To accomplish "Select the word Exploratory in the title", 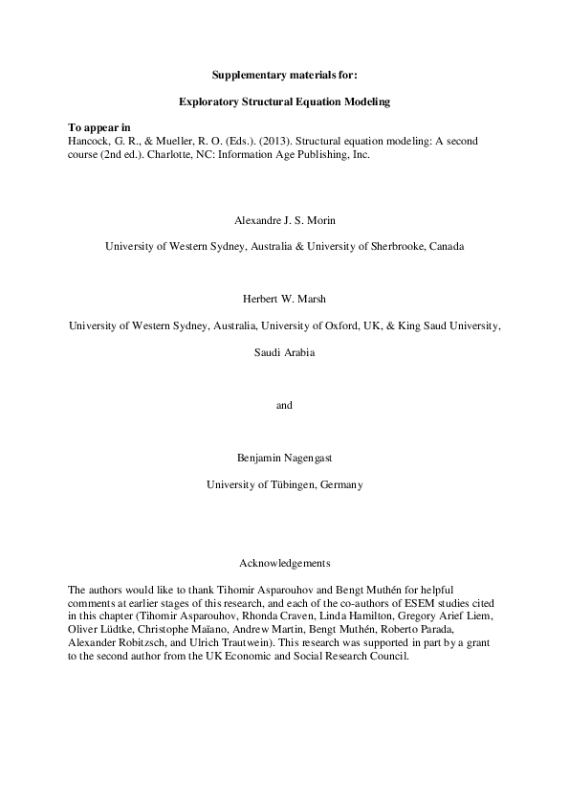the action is pyautogui.click(x=209, y=101).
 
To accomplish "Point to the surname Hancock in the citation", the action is pyautogui.click(x=91, y=140).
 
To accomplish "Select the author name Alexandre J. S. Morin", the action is pyautogui.click(x=284, y=220).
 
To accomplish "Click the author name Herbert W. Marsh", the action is pyautogui.click(x=284, y=299).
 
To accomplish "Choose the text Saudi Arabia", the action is pyautogui.click(x=284, y=352).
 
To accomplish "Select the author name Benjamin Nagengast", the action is pyautogui.click(x=284, y=458).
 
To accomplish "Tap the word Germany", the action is pyautogui.click(x=341, y=484).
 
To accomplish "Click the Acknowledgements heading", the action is pyautogui.click(x=284, y=563).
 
